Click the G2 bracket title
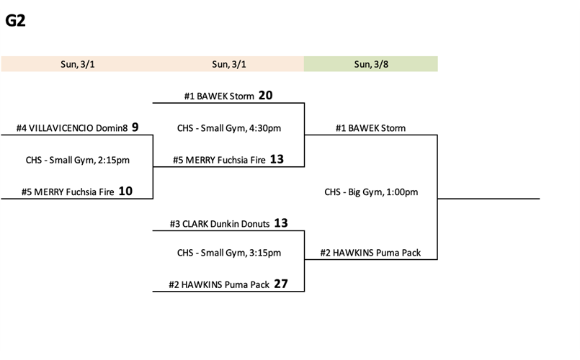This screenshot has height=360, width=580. click(x=15, y=22)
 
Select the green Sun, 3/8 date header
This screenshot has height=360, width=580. click(x=370, y=64)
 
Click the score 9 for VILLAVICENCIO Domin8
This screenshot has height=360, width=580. click(x=135, y=128)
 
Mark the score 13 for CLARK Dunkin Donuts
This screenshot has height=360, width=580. click(x=280, y=223)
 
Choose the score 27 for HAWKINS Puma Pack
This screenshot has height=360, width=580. click(x=280, y=284)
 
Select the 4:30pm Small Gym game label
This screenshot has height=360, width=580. click(x=228, y=128)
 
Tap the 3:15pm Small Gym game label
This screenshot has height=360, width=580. click(x=228, y=253)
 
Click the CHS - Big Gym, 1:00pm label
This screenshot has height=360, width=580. click(x=371, y=192)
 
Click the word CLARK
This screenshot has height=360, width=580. click(x=197, y=224)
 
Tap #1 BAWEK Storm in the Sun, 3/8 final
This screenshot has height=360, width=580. click(x=370, y=128)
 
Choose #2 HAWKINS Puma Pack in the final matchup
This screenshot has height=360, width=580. click(x=371, y=253)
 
